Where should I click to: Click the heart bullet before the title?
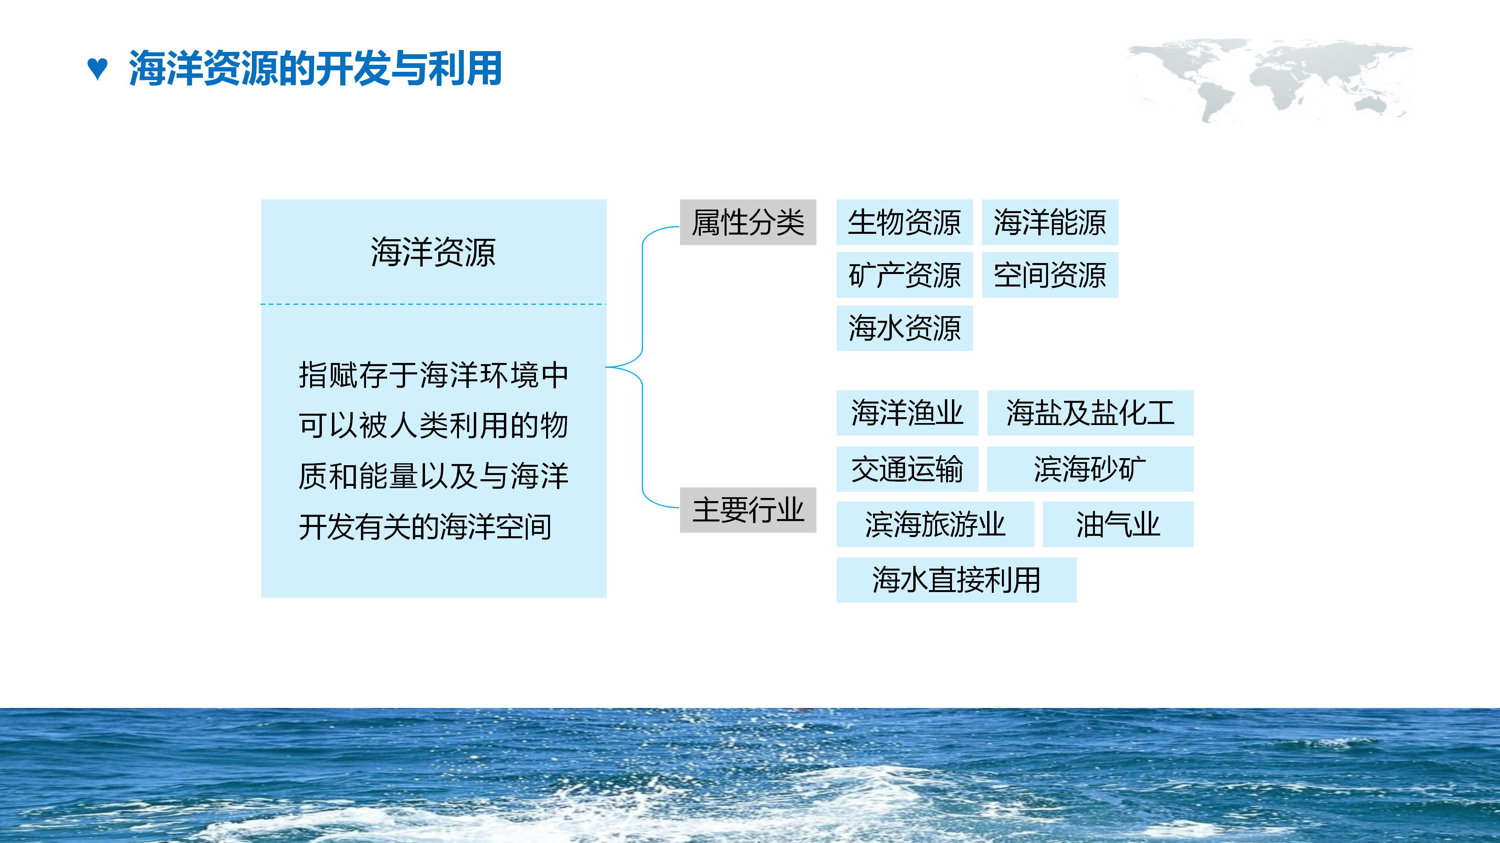pyautogui.click(x=97, y=69)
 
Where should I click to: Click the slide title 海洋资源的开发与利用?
pyautogui.click(x=315, y=69)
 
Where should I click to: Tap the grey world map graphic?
pyautogui.click(x=1270, y=78)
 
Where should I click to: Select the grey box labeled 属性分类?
pyautogui.click(x=748, y=222)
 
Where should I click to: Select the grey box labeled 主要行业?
pyautogui.click(x=748, y=510)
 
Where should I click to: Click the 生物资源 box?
pyautogui.click(x=904, y=222)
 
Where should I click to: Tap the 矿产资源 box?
pyautogui.click(x=904, y=275)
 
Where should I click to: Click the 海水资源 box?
pyautogui.click(x=904, y=328)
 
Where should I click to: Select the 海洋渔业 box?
pyautogui.click(x=907, y=413)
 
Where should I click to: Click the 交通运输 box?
pyautogui.click(x=907, y=469)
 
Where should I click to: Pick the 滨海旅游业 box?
pyautogui.click(x=935, y=524)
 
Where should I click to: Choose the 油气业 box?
pyautogui.click(x=1118, y=524)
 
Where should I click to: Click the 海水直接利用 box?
pyautogui.click(x=956, y=580)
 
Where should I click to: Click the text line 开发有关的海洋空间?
pyautogui.click(x=425, y=527)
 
